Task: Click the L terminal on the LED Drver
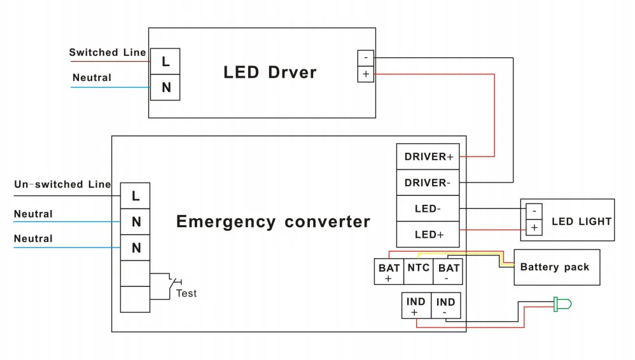pos(165,61)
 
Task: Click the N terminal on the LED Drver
pos(165,87)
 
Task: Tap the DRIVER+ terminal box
pos(428,156)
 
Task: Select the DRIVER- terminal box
pos(428,183)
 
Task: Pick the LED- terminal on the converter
pos(428,209)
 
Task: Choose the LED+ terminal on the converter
pos(428,235)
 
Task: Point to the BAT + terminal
pos(389,272)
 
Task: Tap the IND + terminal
pos(415,306)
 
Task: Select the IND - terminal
pos(445,306)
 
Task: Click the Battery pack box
pos(556,267)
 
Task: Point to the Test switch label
pos(186,293)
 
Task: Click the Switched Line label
pos(108,53)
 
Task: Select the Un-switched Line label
pos(62,184)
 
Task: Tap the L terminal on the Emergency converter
pos(136,196)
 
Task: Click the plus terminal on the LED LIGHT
pos(534,227)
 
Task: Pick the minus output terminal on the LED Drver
pos(366,57)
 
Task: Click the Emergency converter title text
pos(273,222)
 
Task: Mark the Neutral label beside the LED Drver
pos(92,78)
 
